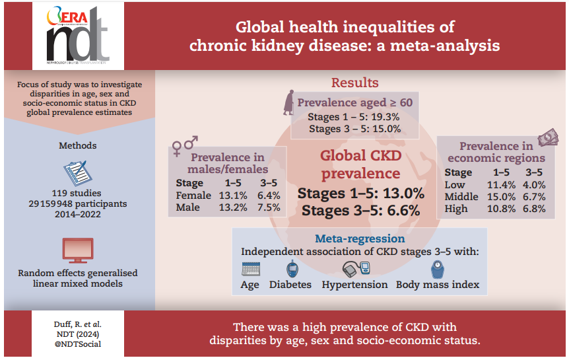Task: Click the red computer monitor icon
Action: (77, 250)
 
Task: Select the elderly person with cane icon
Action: (289, 103)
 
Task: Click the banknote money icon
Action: (547, 138)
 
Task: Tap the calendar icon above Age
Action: (251, 269)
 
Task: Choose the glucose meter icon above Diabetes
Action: (291, 269)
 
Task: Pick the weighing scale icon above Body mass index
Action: (436, 269)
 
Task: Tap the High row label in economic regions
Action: (456, 209)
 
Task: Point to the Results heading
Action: (354, 83)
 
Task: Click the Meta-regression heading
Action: (360, 238)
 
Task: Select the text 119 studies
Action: (77, 192)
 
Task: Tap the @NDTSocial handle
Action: (77, 344)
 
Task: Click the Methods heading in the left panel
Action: (77, 145)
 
